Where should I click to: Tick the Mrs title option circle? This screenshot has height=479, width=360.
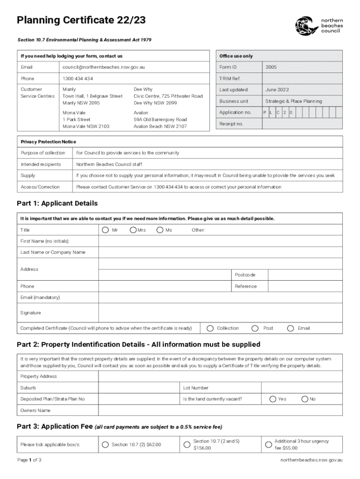[x=133, y=230]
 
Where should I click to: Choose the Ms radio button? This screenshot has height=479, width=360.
[x=160, y=230]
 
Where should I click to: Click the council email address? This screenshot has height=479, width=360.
[x=104, y=67]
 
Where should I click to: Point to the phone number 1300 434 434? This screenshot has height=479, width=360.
[x=78, y=79]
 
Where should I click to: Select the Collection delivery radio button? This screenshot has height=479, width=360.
[x=210, y=328]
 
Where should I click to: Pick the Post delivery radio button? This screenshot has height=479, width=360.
[x=255, y=328]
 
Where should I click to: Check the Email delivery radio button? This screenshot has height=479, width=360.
[x=290, y=328]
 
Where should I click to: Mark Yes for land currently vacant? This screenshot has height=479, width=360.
[x=272, y=399]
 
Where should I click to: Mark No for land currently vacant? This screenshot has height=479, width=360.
[x=305, y=399]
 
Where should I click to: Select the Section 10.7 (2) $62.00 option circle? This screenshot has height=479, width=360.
[x=105, y=444]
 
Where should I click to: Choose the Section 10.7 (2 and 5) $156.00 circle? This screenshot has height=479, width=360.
[x=187, y=444]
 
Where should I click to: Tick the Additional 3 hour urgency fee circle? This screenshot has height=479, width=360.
[x=268, y=444]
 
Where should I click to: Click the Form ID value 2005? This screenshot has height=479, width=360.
[x=271, y=67]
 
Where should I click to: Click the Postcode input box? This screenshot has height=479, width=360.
[x=305, y=275]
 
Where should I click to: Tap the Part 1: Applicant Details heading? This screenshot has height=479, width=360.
[x=57, y=203]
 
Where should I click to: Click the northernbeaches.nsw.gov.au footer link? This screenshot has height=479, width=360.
[x=311, y=460]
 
